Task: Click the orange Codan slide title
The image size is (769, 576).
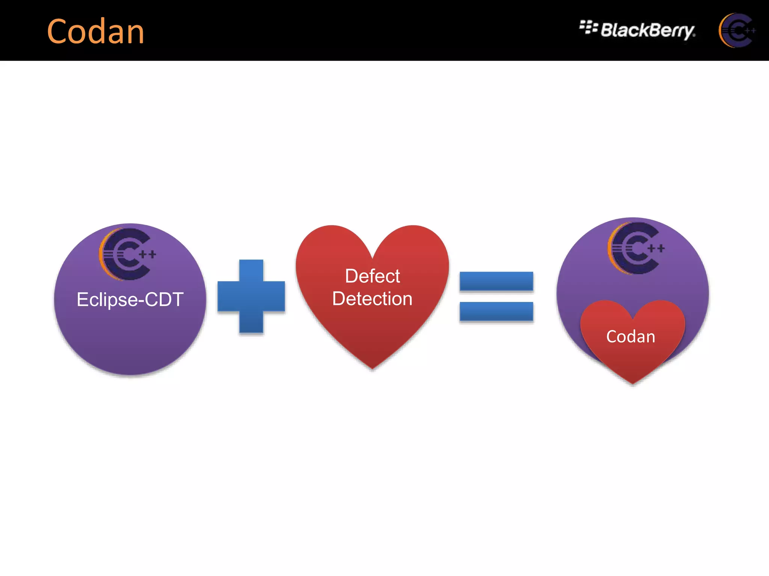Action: coord(96,31)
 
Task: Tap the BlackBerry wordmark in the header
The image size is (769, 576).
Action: coord(648,30)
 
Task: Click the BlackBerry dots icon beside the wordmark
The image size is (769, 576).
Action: coord(588,27)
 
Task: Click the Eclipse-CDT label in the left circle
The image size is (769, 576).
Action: coord(130,300)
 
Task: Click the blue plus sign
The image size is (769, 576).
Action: coord(251,296)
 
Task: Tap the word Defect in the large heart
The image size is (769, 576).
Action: coord(372,276)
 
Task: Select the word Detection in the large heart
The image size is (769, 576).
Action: coord(372,299)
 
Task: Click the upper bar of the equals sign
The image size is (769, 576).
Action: coord(496,281)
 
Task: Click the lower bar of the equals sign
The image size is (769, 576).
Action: coord(496,312)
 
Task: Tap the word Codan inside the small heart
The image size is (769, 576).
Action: coord(631,336)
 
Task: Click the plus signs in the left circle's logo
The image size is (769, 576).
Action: coord(148,255)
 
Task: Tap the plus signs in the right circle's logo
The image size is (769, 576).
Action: coord(656,248)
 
